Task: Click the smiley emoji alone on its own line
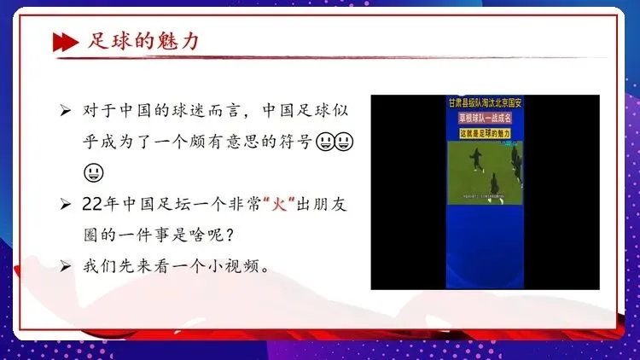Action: point(94,172)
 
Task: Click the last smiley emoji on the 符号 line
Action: point(345,142)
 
